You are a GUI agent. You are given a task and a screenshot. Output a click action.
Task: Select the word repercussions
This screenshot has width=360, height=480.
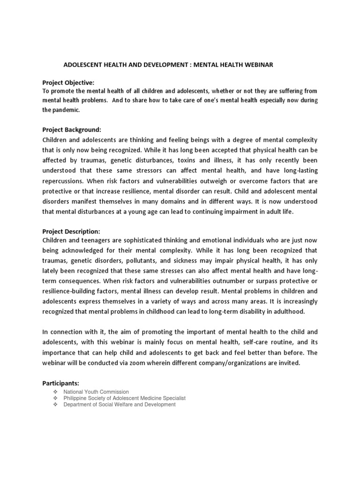(x=65, y=180)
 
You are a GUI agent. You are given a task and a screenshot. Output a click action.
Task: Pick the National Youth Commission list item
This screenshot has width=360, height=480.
(x=96, y=392)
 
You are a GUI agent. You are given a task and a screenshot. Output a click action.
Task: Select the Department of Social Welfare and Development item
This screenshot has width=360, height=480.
(x=120, y=405)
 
